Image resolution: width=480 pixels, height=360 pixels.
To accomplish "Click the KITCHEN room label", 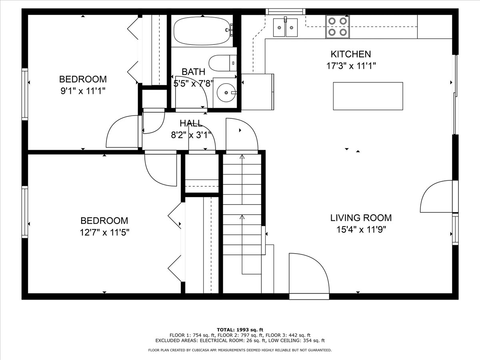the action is coord(350,54).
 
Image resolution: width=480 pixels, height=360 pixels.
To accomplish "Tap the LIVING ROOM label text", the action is coord(361,218).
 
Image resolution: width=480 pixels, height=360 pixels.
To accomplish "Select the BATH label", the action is coord(193,72).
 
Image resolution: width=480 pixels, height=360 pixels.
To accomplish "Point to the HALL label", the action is coord(191,123).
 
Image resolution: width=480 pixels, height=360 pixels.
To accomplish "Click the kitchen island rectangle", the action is coord(368,96).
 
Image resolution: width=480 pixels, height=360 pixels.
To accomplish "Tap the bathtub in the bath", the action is coord(202,31).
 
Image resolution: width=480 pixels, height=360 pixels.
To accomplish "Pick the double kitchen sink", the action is coord(285,28).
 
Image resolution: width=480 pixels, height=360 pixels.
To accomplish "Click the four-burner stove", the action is coord(338,27).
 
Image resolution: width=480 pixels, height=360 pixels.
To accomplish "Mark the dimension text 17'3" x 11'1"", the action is coord(351,66).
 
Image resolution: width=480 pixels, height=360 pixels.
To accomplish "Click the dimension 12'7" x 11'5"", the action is coord(104,232).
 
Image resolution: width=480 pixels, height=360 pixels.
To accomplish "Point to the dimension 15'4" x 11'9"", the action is coord(361,230).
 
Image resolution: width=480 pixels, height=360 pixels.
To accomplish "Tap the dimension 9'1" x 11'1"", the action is coord(83,91).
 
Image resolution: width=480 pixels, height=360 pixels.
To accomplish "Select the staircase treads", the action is coord(242,204).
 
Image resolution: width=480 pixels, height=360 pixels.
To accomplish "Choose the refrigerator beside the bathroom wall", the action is coord(257,92).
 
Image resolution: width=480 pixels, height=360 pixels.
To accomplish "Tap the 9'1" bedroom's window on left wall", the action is coord(25,94).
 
